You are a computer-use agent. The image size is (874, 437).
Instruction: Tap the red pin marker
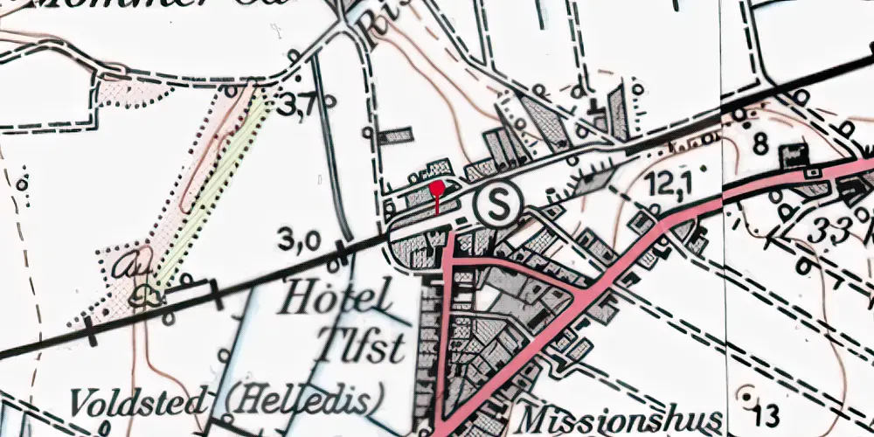[x=437, y=190]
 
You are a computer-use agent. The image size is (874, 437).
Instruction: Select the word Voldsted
[x=139, y=403]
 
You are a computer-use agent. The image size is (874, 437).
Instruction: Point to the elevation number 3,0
[x=300, y=240]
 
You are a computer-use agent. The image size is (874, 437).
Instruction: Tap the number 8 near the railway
[x=760, y=142]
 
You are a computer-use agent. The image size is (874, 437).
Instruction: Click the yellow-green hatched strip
[x=210, y=188]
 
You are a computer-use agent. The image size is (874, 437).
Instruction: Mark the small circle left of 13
[x=746, y=391]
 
